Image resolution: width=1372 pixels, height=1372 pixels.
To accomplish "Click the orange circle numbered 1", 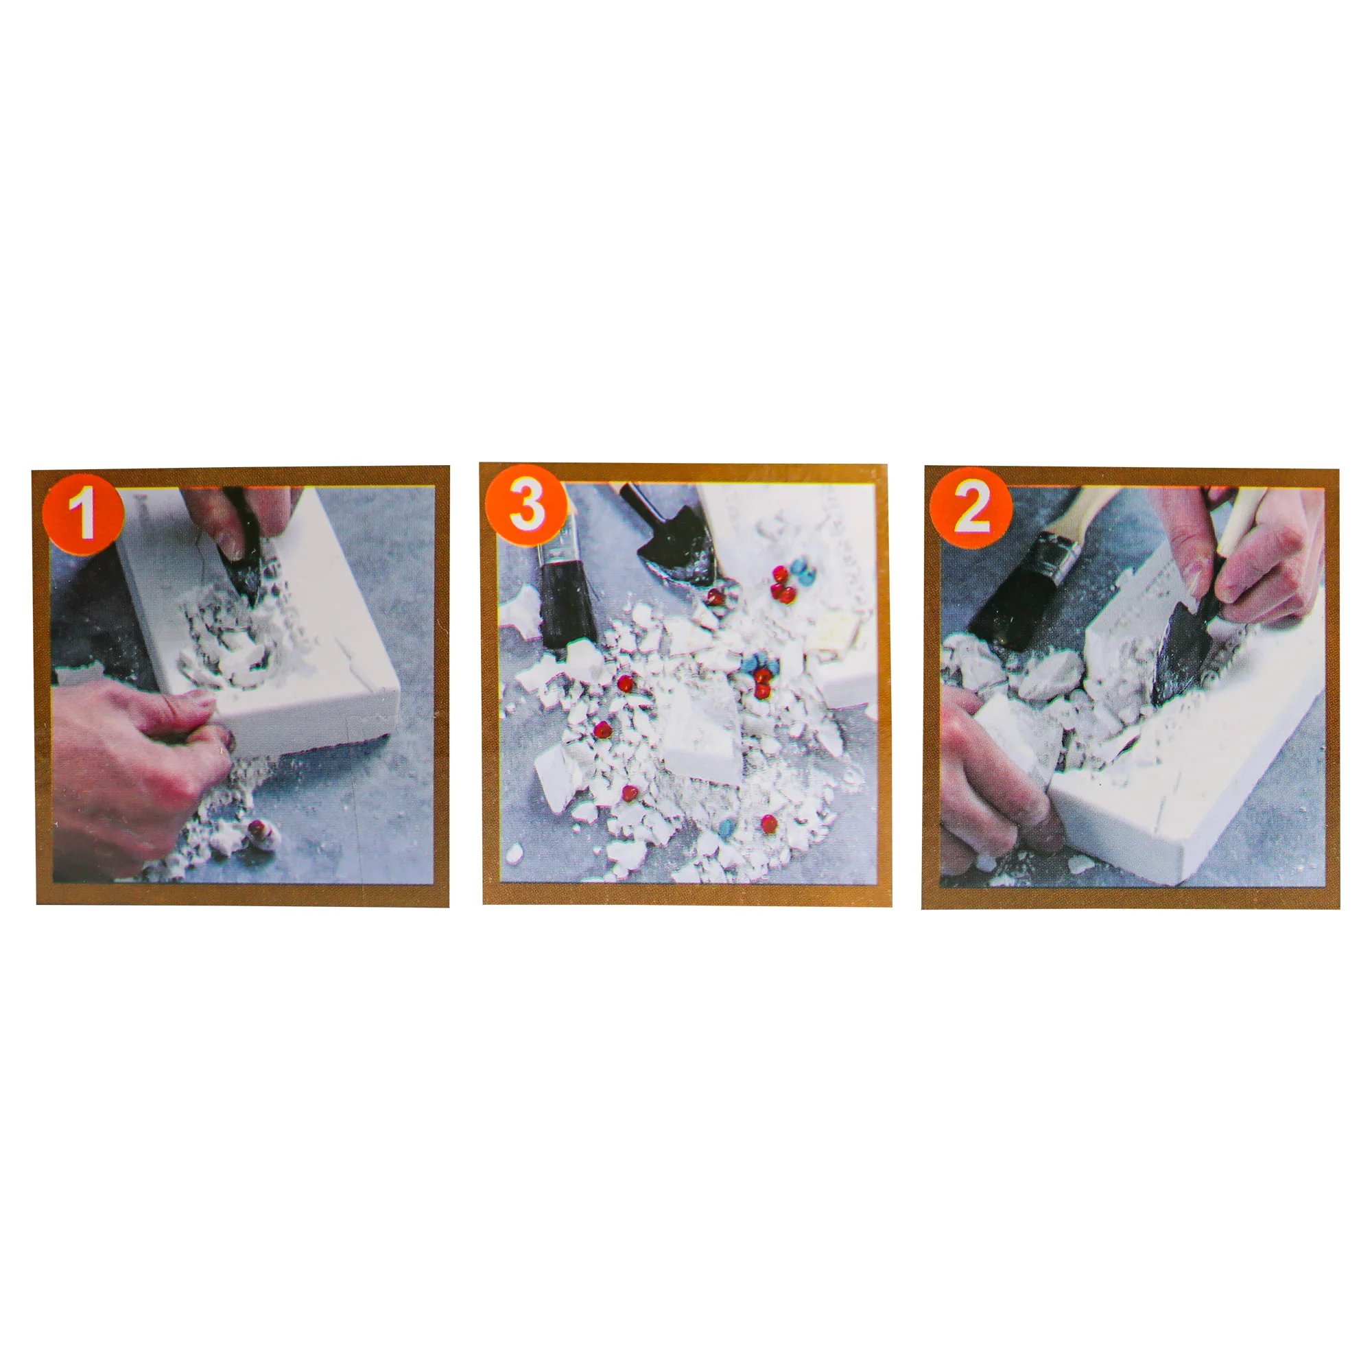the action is (x=83, y=513).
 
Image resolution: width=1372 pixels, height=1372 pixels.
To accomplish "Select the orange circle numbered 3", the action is (x=526, y=505).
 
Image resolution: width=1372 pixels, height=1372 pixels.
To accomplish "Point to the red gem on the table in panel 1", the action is (x=259, y=828).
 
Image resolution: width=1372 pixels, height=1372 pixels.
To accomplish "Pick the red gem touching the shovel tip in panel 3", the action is (x=715, y=597).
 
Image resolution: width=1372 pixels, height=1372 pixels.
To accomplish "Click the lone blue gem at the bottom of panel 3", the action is (x=726, y=827).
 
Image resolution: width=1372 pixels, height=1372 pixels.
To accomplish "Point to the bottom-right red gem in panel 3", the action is (x=769, y=824).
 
